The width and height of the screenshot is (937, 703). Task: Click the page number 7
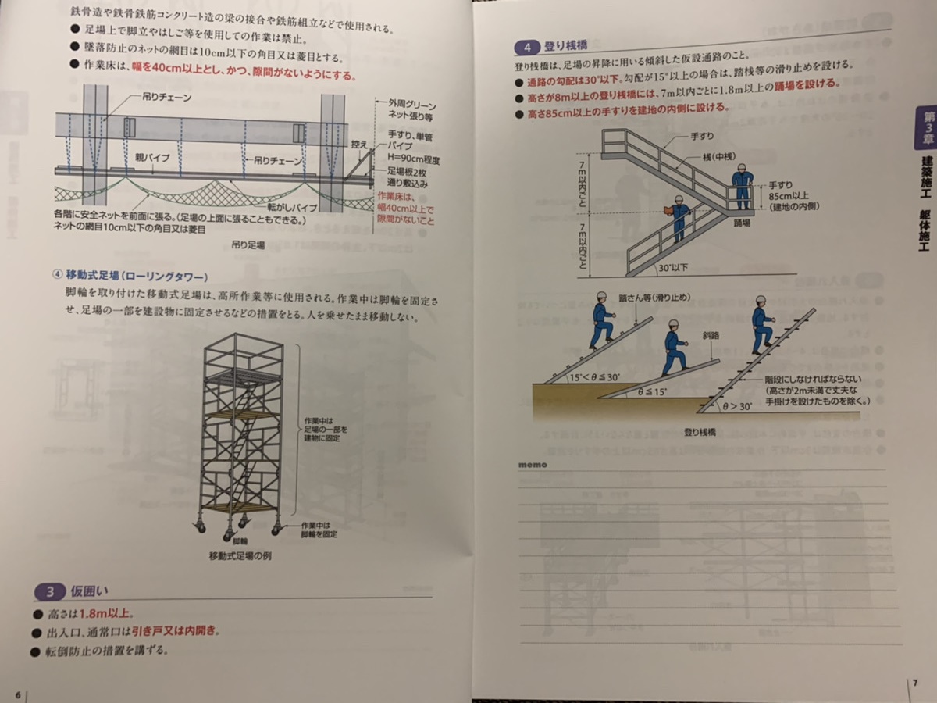tap(914, 683)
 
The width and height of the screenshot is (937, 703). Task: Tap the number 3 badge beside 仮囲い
tap(49, 591)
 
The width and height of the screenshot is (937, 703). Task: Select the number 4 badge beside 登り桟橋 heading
tap(529, 45)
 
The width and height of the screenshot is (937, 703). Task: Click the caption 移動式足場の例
tap(240, 556)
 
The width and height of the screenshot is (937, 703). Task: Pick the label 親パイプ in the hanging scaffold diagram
tap(152, 156)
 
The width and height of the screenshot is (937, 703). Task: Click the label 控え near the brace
tap(358, 145)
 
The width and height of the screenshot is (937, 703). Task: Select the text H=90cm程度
tap(415, 160)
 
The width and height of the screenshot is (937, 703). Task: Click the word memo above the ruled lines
tap(533, 465)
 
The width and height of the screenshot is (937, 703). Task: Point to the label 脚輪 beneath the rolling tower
tap(240, 541)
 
